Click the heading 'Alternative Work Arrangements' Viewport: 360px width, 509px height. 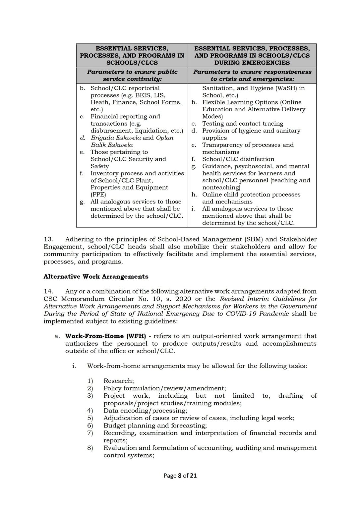point(96,277)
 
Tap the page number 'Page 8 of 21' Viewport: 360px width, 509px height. point(180,476)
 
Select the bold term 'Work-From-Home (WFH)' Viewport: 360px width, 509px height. point(105,336)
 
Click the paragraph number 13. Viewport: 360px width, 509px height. point(48,239)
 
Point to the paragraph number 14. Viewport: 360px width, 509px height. point(48,291)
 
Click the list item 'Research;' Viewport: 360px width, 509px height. point(118,381)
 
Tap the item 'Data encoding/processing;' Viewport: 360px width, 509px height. point(141,411)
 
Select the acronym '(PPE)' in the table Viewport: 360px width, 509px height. point(98,195)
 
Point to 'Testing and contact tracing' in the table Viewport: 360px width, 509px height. point(243,124)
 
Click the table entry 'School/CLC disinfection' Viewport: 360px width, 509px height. point(238,159)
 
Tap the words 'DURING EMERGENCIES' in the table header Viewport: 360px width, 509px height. point(252,63)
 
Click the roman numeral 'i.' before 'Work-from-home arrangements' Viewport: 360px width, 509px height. point(74,366)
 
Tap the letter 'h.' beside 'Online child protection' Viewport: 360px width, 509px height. point(194,195)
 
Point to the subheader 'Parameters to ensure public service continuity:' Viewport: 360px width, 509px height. point(132,75)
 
